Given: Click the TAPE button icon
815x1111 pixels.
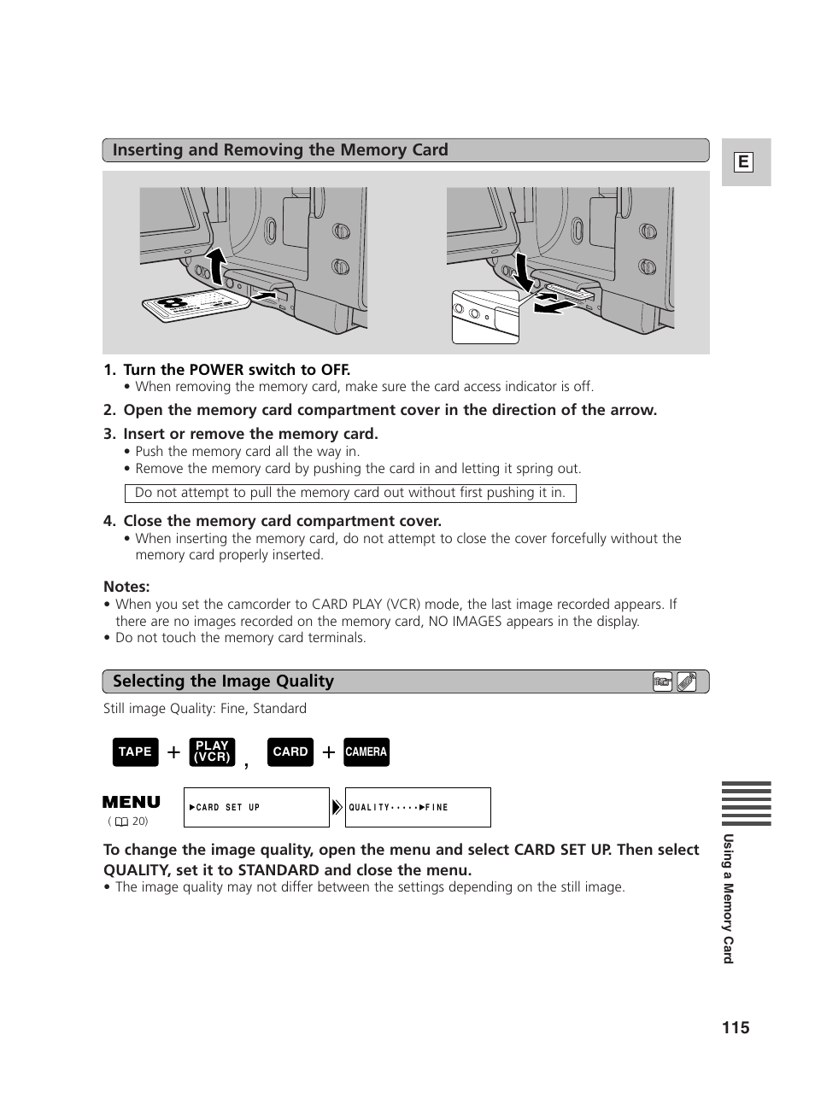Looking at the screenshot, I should click(x=135, y=751).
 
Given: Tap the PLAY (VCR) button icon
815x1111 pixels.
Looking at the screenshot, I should click(x=212, y=751).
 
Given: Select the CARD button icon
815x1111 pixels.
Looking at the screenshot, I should click(x=290, y=751).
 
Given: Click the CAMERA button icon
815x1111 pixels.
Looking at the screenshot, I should click(x=366, y=751).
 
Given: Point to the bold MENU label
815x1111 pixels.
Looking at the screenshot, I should click(x=131, y=802).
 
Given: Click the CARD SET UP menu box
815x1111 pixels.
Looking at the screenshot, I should click(x=255, y=807).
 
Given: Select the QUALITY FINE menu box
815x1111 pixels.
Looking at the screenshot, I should click(x=418, y=807).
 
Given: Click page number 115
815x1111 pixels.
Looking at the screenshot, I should click(x=735, y=1027).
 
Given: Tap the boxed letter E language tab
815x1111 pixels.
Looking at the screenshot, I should click(x=743, y=162).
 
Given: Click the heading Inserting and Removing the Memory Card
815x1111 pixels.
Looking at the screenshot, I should click(x=280, y=150).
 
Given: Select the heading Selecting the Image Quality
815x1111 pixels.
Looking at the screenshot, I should click(x=223, y=681).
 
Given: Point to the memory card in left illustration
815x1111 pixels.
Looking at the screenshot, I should click(x=190, y=305).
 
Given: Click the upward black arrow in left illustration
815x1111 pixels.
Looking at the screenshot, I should click(x=217, y=264).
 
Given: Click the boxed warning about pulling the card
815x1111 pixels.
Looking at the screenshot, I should click(x=350, y=493).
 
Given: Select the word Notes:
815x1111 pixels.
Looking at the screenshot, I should click(x=126, y=587).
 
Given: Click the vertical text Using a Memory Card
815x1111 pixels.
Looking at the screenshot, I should click(x=728, y=898).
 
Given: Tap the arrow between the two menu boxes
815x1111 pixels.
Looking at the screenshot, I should click(x=337, y=807).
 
